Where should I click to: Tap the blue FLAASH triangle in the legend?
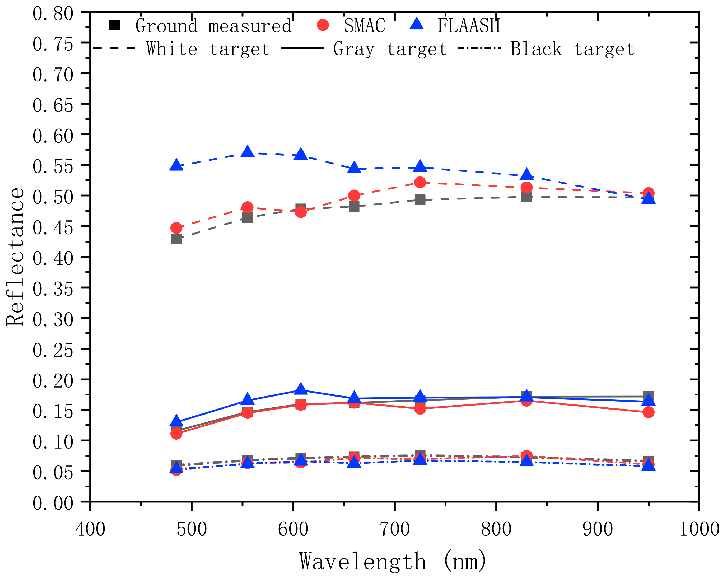pos(417,24)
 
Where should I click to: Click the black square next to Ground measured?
pos(115,25)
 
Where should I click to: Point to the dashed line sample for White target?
pos(114,48)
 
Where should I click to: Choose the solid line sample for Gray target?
pos(302,48)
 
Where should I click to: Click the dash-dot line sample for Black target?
pos(479,48)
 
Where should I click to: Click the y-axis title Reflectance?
pos(15,257)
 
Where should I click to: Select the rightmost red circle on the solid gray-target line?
pos(648,412)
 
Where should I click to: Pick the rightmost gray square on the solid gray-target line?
pos(648,396)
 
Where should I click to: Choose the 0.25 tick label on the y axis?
pos(53,350)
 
